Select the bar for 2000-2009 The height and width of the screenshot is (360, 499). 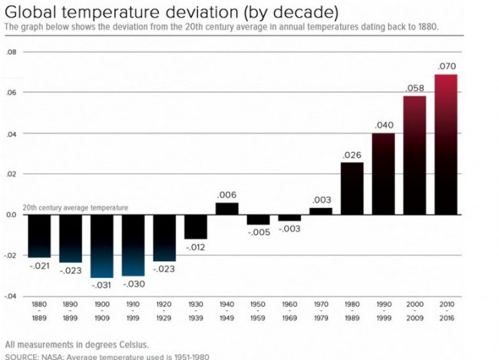click(x=415, y=155)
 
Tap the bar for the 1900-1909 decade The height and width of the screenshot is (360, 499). click(x=102, y=246)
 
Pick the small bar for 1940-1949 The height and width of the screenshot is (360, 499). click(x=226, y=209)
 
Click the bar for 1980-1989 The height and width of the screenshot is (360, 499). click(x=352, y=188)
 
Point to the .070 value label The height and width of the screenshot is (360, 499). click(x=446, y=67)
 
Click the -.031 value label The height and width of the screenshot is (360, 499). click(x=102, y=285)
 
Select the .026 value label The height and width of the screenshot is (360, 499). click(x=352, y=154)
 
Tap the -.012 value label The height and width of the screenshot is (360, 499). click(x=196, y=247)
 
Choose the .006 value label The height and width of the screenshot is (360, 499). click(x=226, y=195)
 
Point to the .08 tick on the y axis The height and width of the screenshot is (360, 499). click(x=10, y=52)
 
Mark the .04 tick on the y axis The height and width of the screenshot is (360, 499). click(x=10, y=134)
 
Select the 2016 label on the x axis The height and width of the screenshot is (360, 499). click(x=446, y=318)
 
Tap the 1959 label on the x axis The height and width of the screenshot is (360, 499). click(x=258, y=318)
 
